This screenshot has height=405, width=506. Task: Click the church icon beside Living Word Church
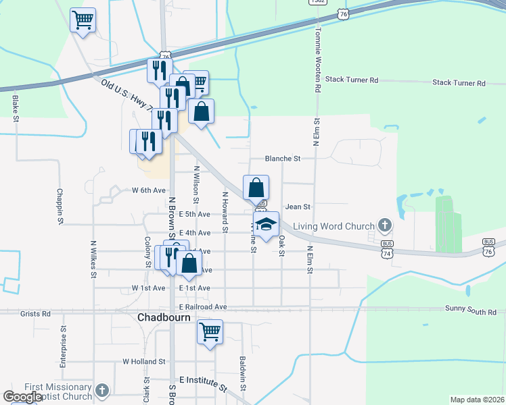[385, 225]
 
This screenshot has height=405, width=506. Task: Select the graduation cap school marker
[267, 224]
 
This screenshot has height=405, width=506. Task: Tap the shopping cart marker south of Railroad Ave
[210, 331]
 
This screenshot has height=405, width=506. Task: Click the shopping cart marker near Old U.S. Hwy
[83, 20]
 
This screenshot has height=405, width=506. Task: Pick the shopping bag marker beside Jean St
[256, 187]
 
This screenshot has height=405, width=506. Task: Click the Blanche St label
[282, 159]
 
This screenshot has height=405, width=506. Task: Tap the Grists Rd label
[36, 314]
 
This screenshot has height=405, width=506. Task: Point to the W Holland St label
[144, 362]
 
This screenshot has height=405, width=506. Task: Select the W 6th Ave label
[149, 190]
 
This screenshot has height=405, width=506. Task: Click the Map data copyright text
[477, 400]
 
